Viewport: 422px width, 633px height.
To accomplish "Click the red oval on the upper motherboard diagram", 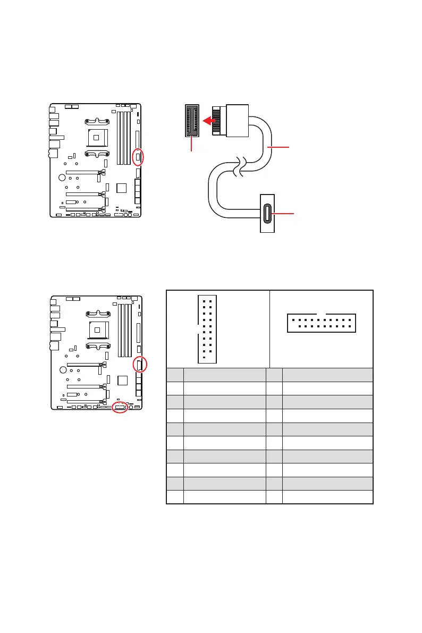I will click(138, 158).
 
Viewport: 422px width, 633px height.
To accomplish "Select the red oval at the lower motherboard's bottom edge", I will click(121, 408).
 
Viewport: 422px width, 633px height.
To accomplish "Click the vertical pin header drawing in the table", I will click(207, 328).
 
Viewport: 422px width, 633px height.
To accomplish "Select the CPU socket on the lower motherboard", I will click(97, 330).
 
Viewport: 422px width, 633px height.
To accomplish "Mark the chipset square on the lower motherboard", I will click(122, 380).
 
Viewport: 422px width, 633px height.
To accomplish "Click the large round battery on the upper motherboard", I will click(62, 177).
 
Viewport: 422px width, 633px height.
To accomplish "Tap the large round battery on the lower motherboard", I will click(63, 369).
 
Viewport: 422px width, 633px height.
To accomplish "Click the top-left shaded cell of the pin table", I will click(175, 375).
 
